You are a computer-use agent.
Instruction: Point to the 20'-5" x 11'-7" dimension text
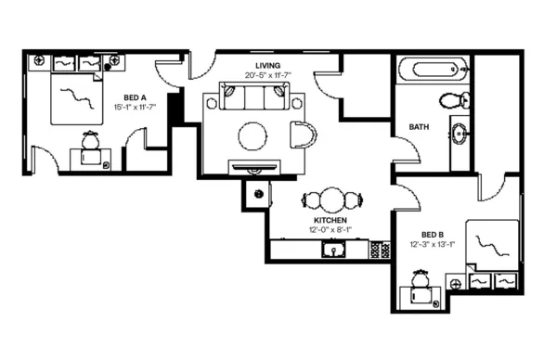[268, 74]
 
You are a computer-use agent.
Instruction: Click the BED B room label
[432, 234]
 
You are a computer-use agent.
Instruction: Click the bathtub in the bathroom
[433, 70]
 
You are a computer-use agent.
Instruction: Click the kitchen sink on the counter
[333, 250]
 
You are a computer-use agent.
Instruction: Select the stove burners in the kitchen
[379, 250]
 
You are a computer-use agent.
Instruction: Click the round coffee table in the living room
[254, 136]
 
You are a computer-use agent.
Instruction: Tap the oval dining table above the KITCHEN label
[330, 199]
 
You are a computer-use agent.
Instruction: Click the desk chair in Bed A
[91, 141]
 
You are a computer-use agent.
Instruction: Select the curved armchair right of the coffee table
[302, 135]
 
